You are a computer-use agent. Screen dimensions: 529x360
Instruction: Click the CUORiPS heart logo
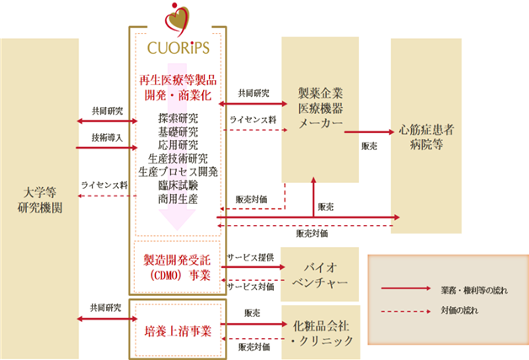(177, 19)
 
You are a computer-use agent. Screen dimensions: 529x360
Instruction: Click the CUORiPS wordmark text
(178, 48)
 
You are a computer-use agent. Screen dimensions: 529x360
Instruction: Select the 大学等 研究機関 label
(40, 200)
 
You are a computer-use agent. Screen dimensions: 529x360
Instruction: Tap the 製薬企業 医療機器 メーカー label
(320, 108)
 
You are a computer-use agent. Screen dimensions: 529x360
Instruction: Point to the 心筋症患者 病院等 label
(426, 137)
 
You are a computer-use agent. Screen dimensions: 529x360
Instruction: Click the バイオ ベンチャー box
(320, 274)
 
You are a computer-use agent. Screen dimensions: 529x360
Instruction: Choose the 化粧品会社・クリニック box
(321, 332)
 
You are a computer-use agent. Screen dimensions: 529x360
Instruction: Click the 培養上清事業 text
(178, 331)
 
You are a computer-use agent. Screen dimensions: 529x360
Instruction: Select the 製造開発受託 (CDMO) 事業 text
(177, 267)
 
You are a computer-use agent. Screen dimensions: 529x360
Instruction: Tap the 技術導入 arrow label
(107, 137)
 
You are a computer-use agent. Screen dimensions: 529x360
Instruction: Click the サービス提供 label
(250, 258)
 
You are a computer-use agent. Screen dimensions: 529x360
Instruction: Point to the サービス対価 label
(250, 287)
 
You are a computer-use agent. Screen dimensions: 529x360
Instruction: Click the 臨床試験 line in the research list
(178, 185)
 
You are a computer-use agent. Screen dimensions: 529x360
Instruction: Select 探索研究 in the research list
(178, 118)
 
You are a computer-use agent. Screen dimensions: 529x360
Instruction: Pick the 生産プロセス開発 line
(178, 172)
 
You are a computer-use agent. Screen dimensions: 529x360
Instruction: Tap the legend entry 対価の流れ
(459, 310)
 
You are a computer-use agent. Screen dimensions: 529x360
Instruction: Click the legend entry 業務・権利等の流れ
(474, 290)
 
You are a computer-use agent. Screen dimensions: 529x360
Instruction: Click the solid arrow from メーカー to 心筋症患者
(369, 132)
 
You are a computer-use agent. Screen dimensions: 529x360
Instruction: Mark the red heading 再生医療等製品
(178, 80)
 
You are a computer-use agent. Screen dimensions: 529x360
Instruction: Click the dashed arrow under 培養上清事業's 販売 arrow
(253, 338)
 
